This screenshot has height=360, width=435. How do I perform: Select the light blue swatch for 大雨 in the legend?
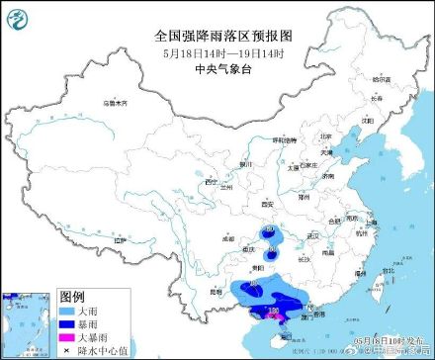[x=69, y=309]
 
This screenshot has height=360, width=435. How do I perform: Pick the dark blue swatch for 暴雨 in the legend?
[x=69, y=322]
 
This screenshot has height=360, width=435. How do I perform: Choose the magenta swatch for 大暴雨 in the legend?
[x=69, y=336]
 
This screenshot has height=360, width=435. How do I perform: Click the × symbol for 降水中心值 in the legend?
[x=69, y=350]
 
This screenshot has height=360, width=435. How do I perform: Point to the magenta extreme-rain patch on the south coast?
[x=278, y=317]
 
